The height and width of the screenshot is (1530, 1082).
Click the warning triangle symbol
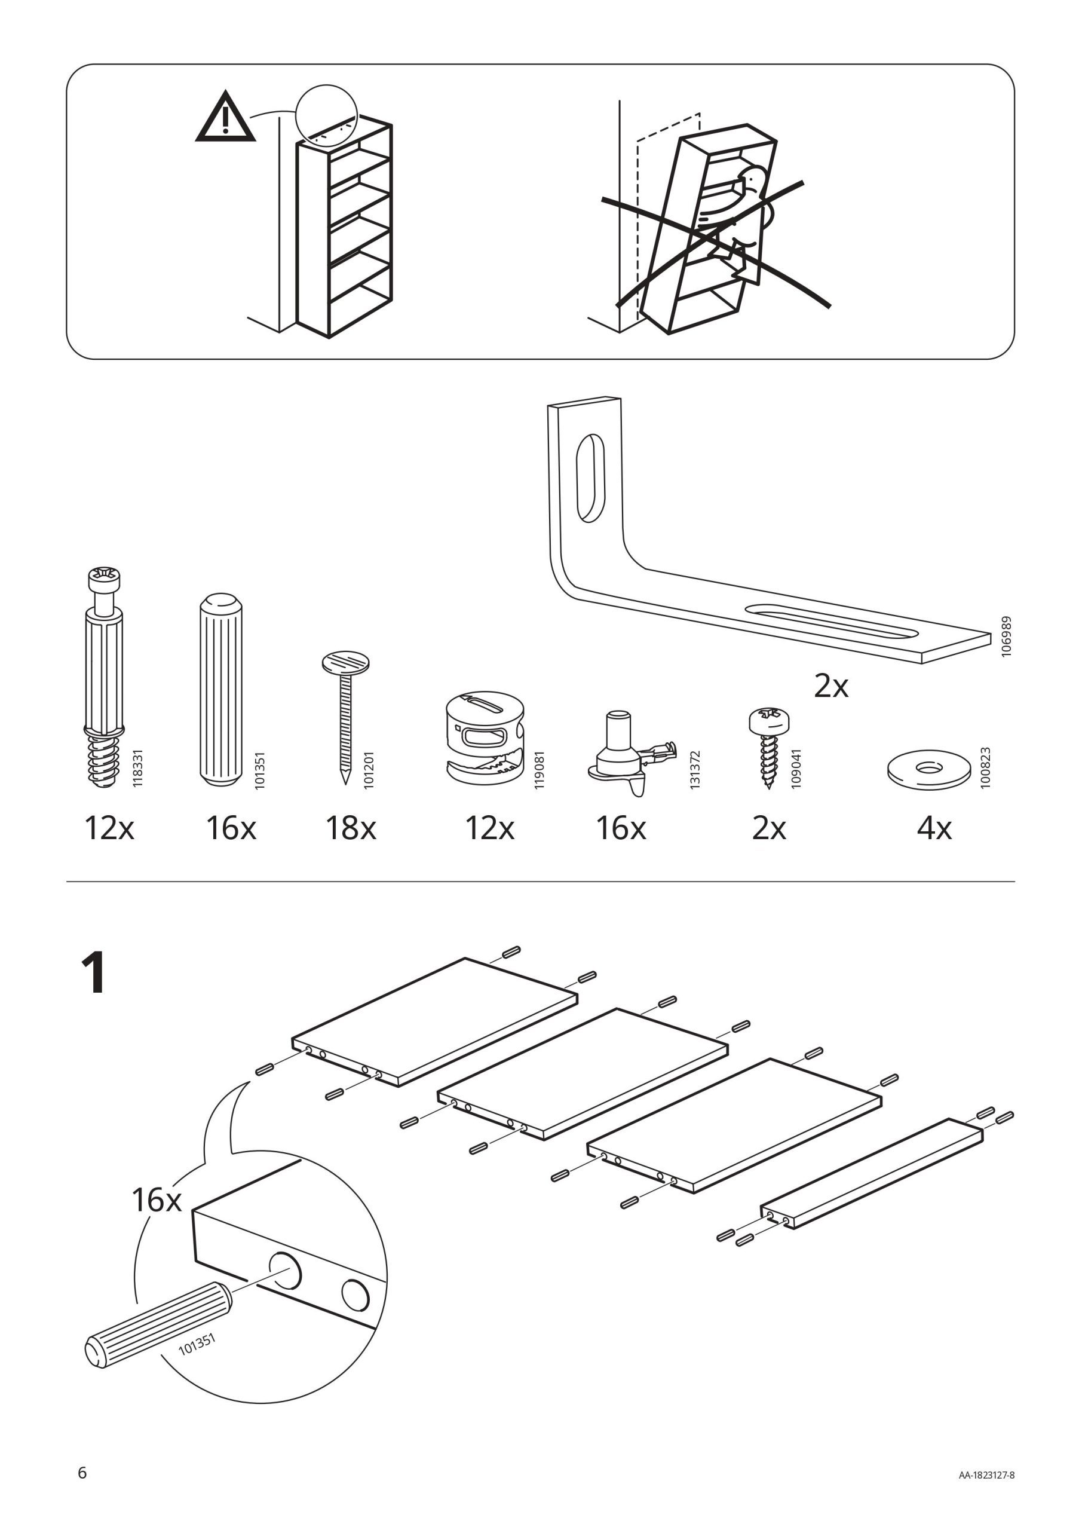click(225, 118)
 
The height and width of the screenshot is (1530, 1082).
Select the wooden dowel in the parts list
click(220, 690)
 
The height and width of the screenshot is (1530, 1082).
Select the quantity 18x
click(351, 828)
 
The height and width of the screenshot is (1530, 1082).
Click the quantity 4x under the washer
click(934, 828)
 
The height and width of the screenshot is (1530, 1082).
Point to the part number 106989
click(1007, 637)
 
